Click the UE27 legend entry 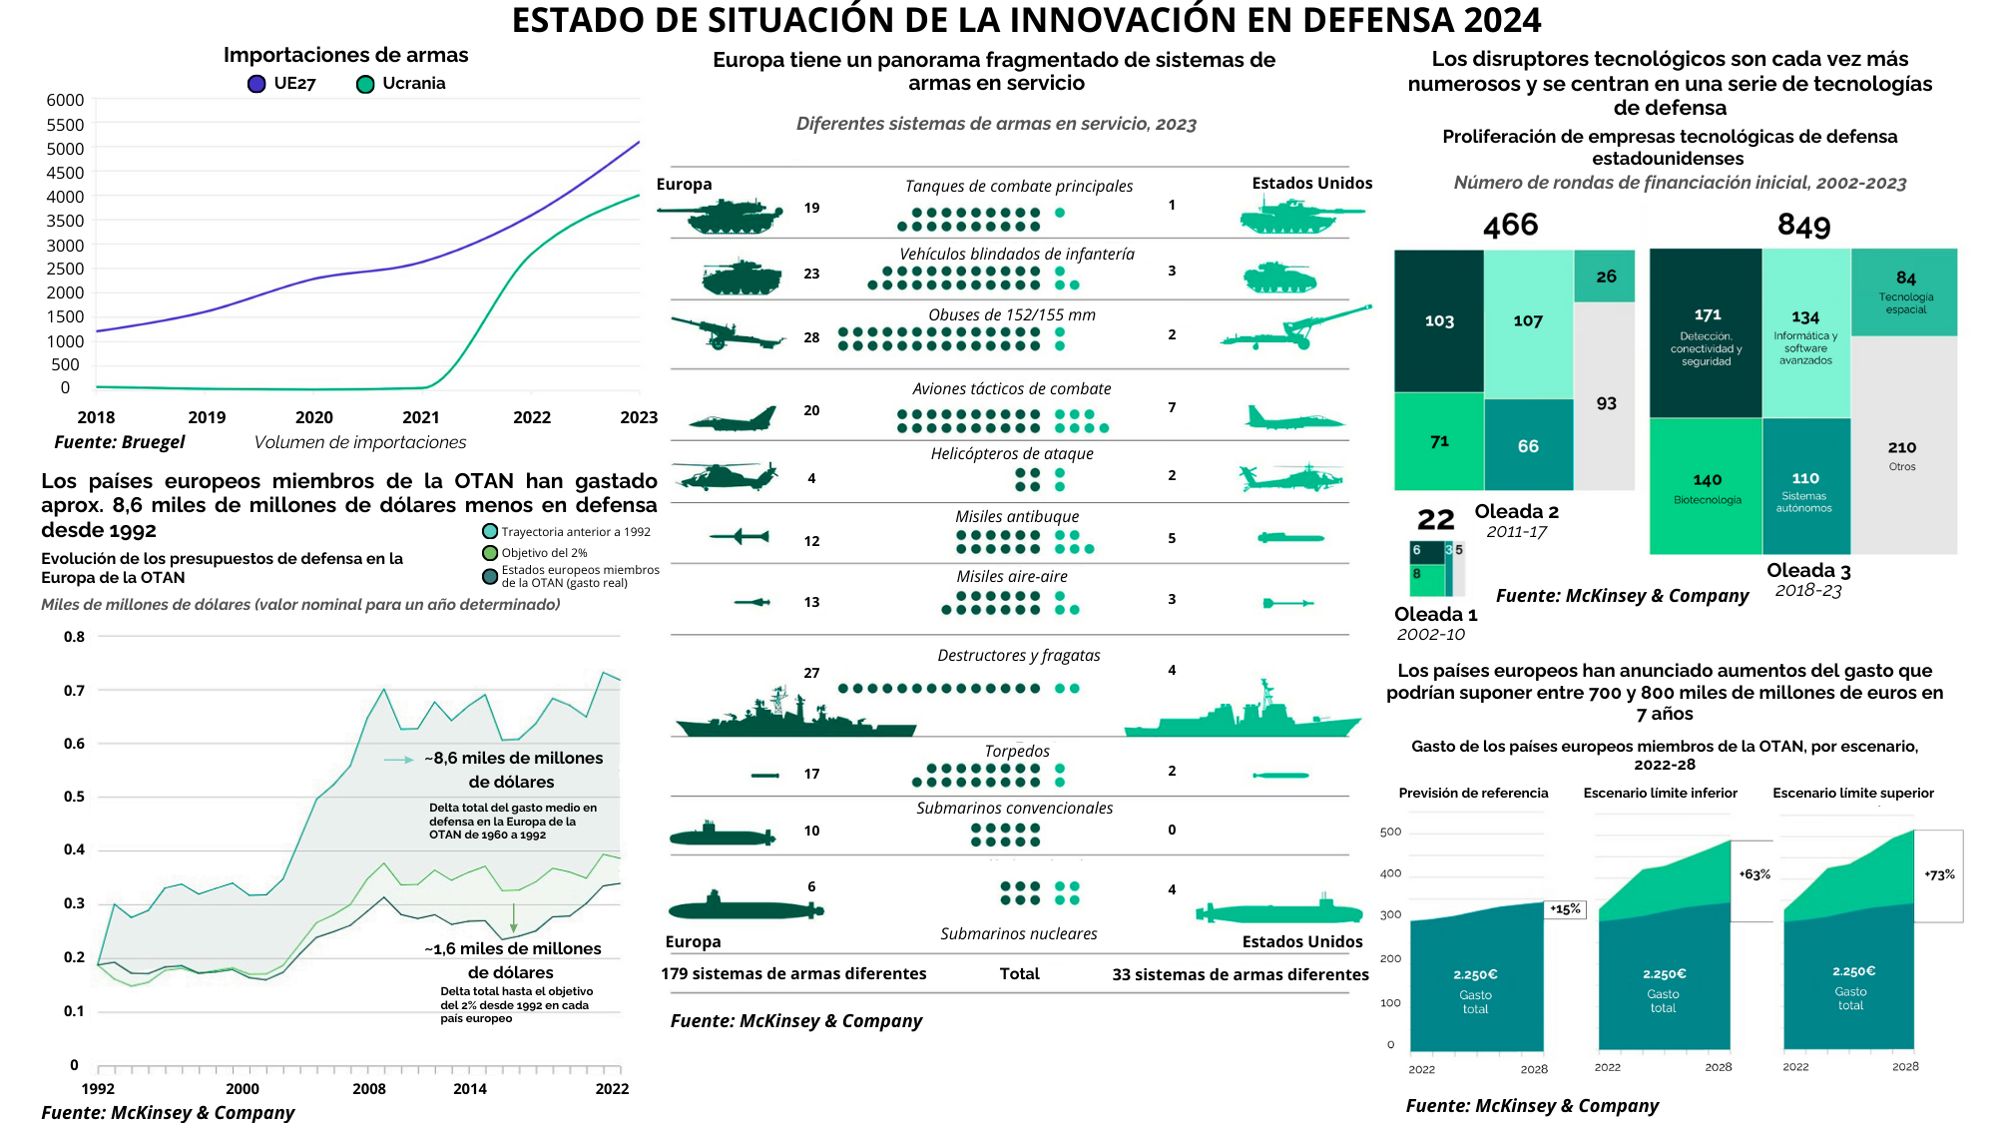coord(282,84)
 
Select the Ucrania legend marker coord(365,84)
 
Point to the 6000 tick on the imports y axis coord(65,100)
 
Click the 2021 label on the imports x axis coord(421,417)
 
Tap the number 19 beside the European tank coord(811,208)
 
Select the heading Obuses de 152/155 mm coord(1011,314)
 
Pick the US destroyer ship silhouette coord(1243,715)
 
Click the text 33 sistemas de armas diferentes coord(1240,974)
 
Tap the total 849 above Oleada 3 coord(1803,226)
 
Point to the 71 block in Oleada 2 coord(1438,441)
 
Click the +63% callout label coord(1754,874)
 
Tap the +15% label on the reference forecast coord(1565,909)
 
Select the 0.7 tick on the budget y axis coord(74,690)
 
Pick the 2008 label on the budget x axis coord(368,1088)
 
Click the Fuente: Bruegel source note coord(120,442)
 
